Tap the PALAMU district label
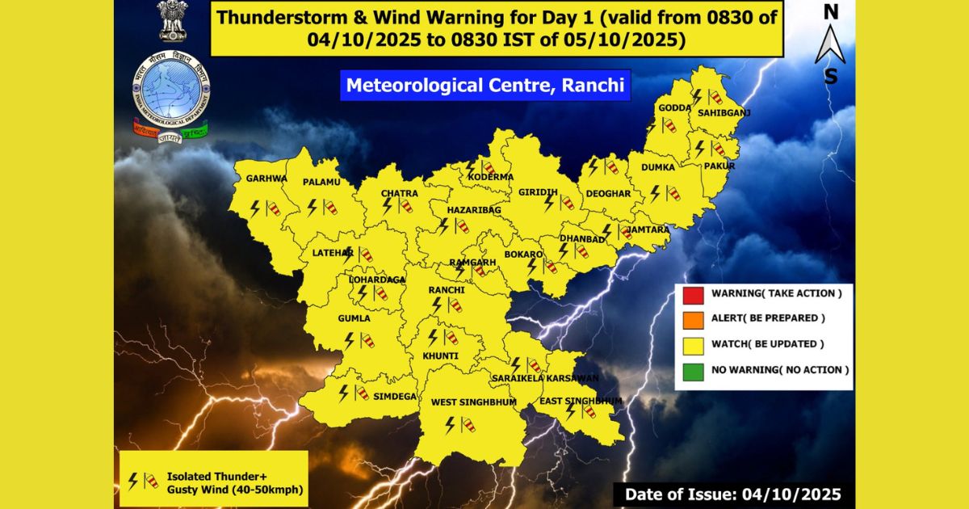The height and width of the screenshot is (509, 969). point(321,183)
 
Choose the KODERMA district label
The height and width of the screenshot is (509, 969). point(493,177)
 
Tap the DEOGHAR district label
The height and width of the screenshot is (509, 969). point(609,194)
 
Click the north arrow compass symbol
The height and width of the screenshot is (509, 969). point(830,44)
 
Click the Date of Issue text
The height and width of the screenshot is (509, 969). point(732,494)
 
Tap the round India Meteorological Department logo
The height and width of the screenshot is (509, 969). point(170,87)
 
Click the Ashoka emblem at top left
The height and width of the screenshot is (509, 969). point(172,22)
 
